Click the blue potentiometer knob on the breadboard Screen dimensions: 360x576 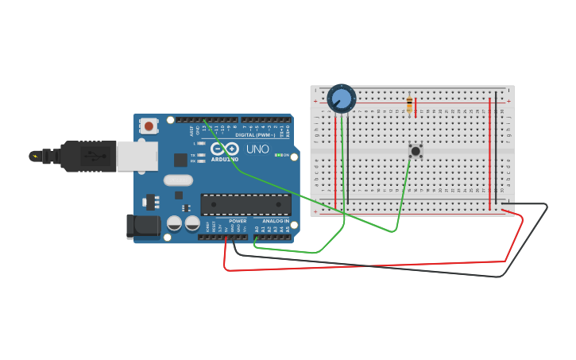pos(342,99)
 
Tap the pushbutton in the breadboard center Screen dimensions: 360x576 pos(415,150)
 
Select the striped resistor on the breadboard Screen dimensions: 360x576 pos(409,104)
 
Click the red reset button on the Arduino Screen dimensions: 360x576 pos(149,126)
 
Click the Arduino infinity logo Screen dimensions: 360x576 pos(225,149)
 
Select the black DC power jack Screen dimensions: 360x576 pos(143,226)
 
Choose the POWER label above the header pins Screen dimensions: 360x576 pos(238,221)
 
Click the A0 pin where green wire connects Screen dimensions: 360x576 pos(256,235)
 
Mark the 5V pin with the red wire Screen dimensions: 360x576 pos(226,235)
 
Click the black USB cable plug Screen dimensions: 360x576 pos(87,157)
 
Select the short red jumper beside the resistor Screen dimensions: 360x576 pos(416,108)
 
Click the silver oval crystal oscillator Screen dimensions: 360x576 pos(179,180)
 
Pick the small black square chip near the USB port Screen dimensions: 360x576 pos(180,159)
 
